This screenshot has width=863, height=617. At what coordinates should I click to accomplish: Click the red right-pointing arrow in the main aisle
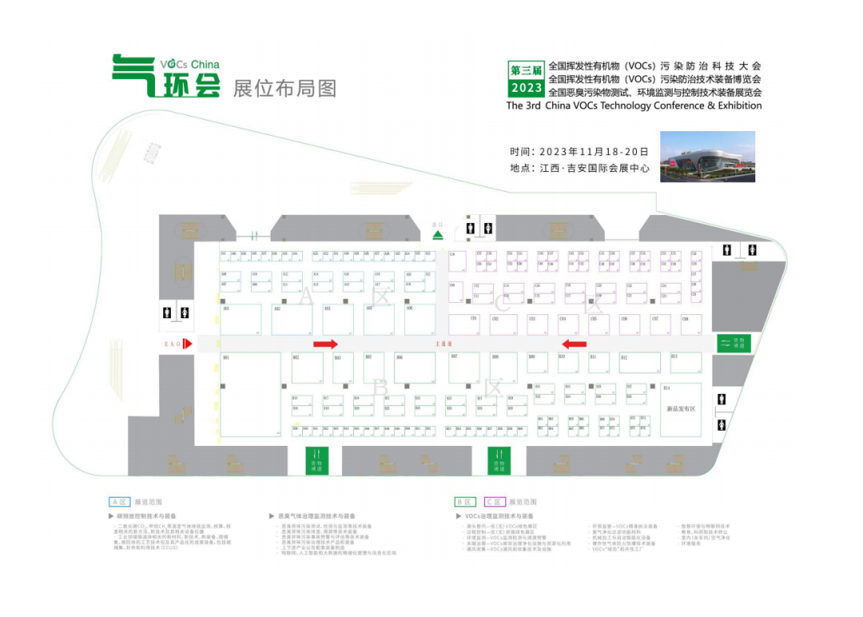coord(325,344)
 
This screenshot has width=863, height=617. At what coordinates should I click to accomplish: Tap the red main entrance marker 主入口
coord(179,344)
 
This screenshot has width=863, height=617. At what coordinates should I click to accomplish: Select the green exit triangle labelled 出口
coord(437,233)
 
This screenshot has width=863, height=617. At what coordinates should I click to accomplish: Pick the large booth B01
coord(250,394)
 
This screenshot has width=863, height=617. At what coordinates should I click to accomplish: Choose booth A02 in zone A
coord(291,319)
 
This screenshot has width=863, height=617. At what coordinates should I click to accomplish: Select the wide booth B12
coord(639,363)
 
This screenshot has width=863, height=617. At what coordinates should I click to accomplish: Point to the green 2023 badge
coord(526,88)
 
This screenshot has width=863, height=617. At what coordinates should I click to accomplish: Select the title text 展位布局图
coord(284,88)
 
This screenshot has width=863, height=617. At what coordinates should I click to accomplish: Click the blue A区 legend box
coord(119,502)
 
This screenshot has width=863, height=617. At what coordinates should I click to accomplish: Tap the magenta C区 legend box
coord(494,502)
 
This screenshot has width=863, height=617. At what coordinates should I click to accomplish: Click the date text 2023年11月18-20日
coord(593,151)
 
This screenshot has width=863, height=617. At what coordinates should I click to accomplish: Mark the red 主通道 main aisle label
coord(443,344)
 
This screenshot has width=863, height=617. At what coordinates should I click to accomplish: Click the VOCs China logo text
coord(189,64)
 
